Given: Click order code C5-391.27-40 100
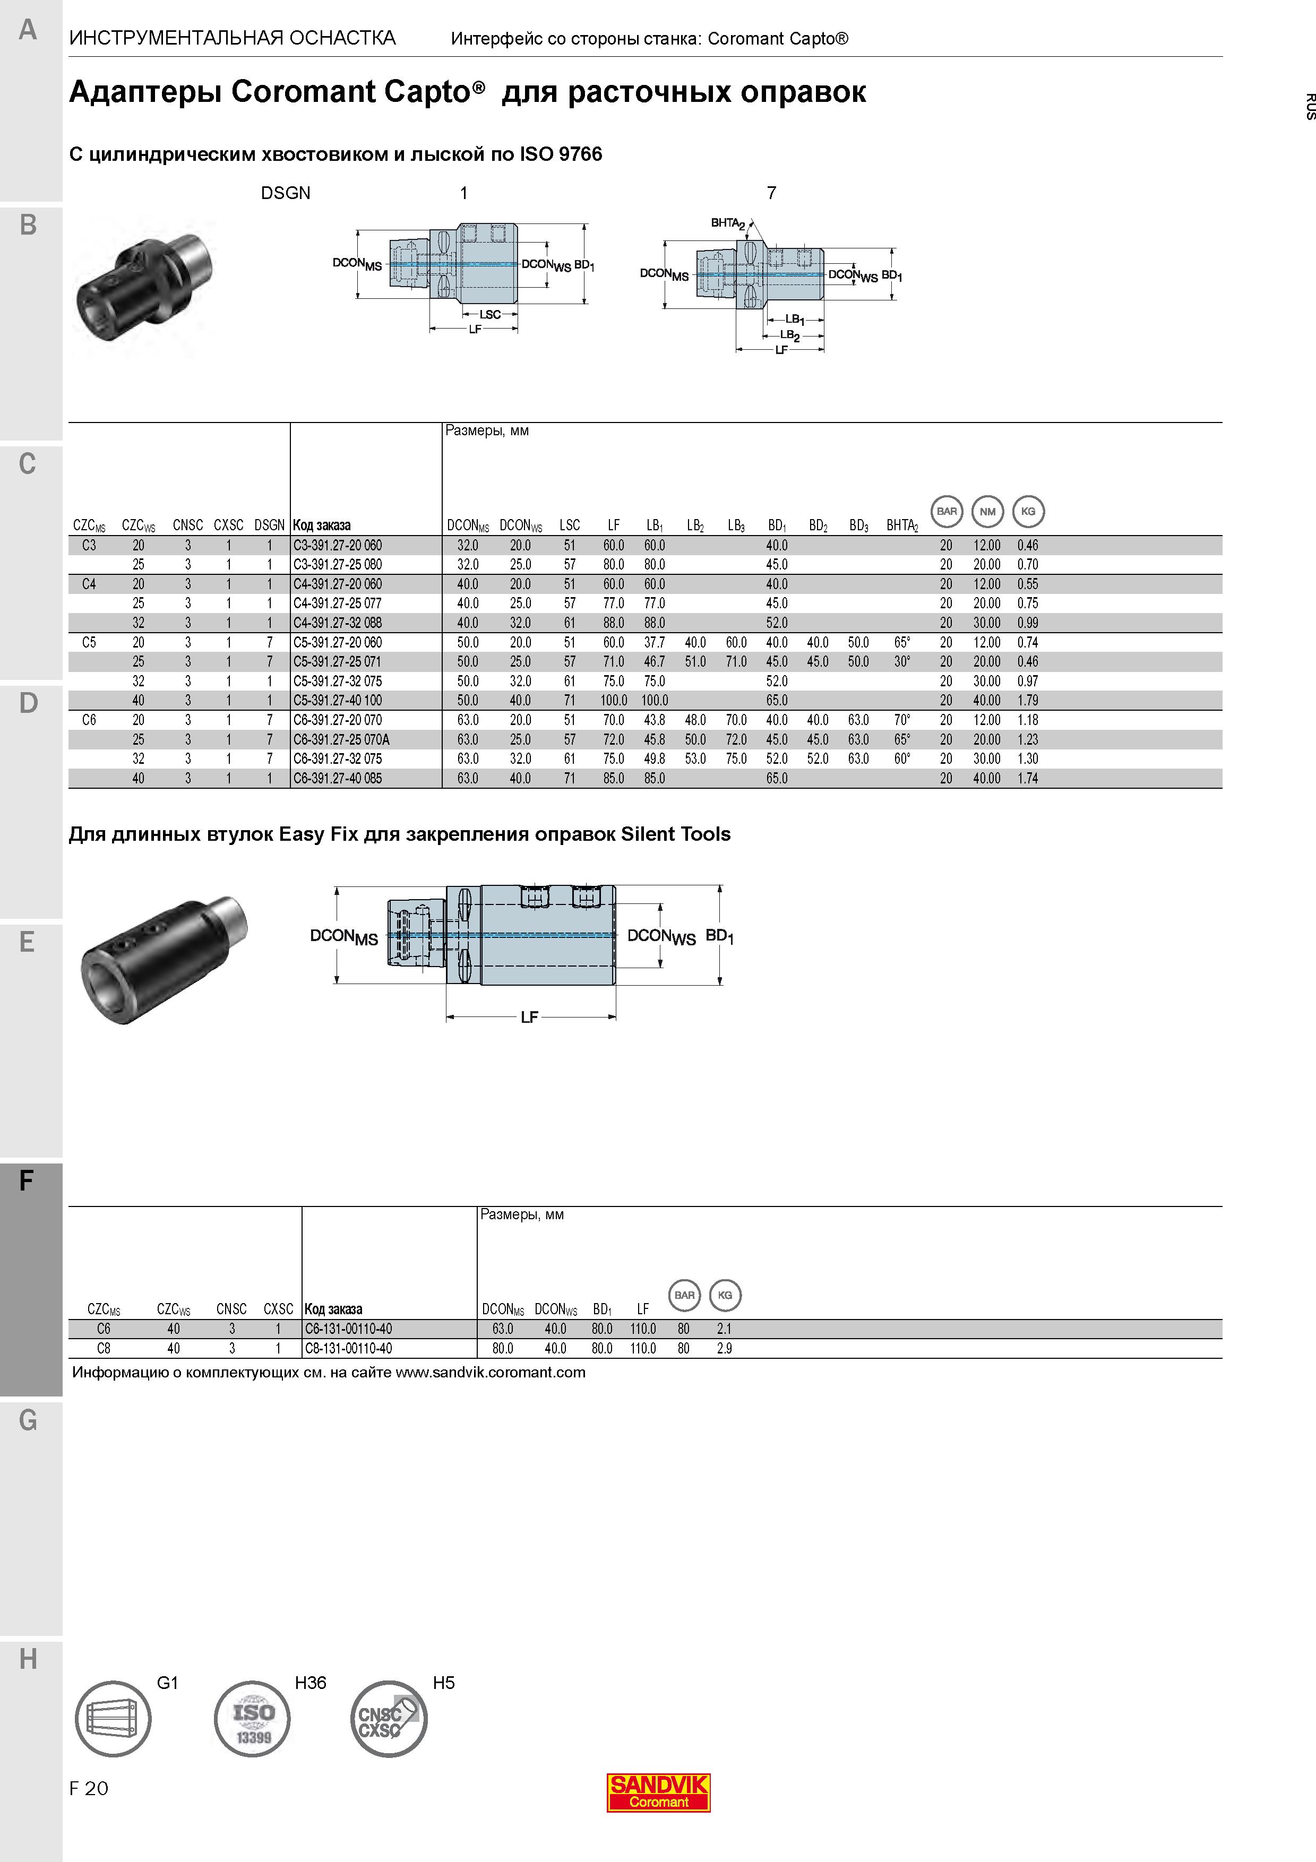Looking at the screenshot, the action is [x=337, y=701].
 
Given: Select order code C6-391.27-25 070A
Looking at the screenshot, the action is [x=341, y=739].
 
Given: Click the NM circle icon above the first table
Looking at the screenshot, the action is [x=987, y=512].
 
